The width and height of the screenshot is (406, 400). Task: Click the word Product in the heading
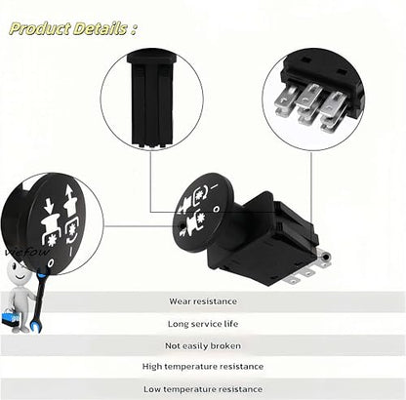tap(40, 28)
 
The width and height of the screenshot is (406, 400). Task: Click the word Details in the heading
tap(100, 28)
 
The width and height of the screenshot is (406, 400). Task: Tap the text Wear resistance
tap(203, 301)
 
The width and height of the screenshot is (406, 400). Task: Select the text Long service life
tap(203, 324)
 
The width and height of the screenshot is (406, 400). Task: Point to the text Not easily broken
tap(203, 345)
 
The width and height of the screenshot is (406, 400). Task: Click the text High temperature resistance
tap(203, 367)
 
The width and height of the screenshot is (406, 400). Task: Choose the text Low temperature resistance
tap(203, 389)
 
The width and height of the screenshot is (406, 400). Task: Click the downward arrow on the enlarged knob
tap(49, 205)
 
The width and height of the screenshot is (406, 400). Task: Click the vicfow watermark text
tap(27, 253)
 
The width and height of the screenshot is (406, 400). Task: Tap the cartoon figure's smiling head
tap(19, 273)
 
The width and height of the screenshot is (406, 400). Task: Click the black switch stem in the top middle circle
tap(151, 100)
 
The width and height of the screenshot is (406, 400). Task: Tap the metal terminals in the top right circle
tap(310, 105)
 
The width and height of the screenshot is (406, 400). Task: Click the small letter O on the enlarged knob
tap(50, 263)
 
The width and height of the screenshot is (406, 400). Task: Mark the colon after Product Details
tap(134, 29)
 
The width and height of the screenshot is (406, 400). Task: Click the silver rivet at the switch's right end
tap(325, 257)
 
